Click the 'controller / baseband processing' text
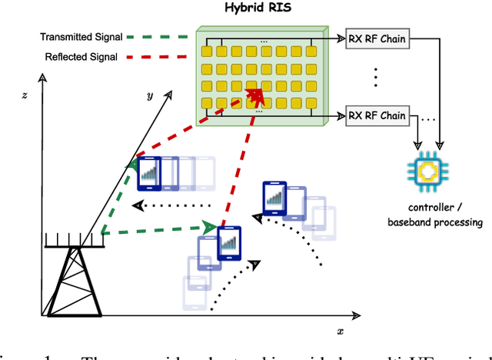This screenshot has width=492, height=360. pyautogui.click(x=434, y=215)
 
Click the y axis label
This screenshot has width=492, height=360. pyautogui.click(x=151, y=95)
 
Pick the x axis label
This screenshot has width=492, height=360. pyautogui.click(x=339, y=330)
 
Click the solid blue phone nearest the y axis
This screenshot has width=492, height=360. pyautogui.click(x=149, y=174)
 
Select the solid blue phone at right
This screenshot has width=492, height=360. pyautogui.click(x=274, y=198)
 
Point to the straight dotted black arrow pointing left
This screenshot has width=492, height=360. pyautogui.click(x=173, y=206)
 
